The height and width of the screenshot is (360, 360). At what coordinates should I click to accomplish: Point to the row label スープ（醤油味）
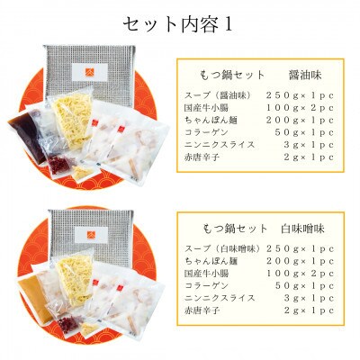click(x=214, y=95)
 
